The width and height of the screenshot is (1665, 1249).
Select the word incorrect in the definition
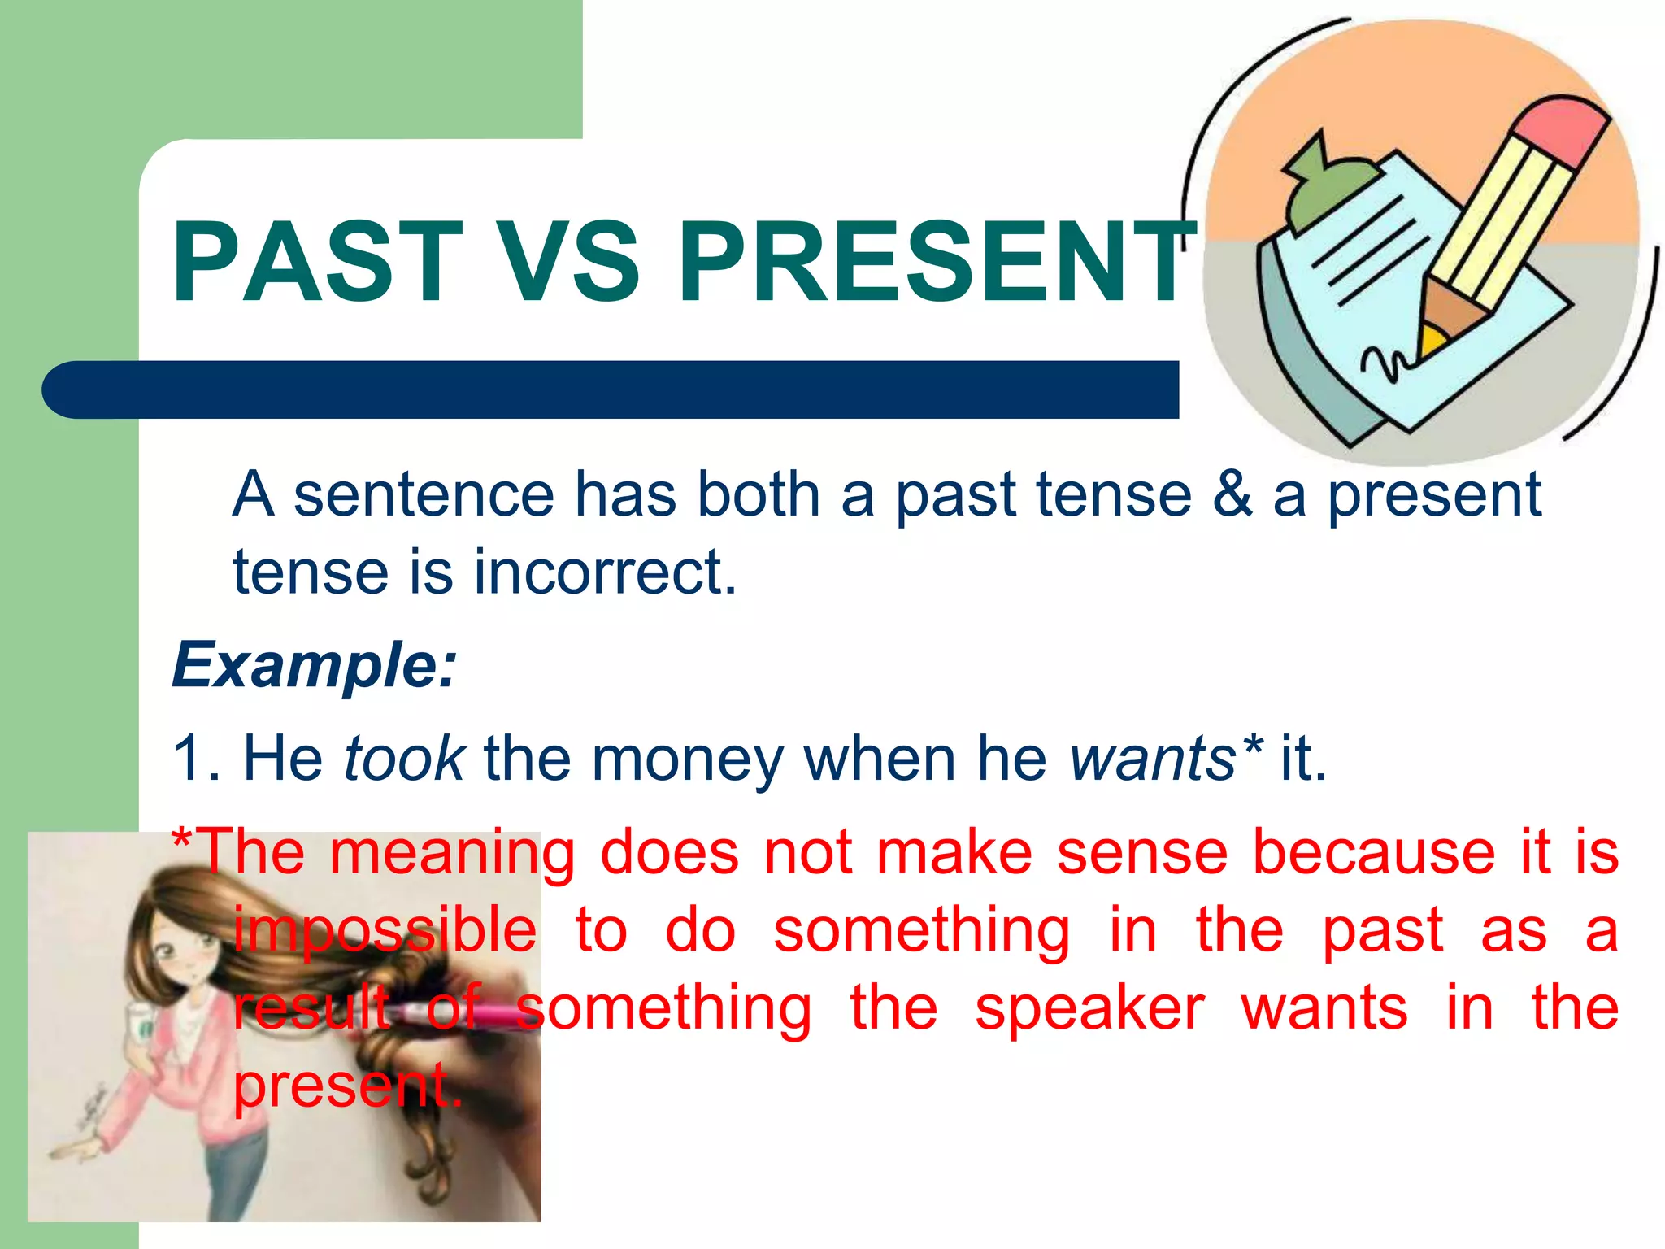(605, 572)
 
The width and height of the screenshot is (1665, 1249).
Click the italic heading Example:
(315, 665)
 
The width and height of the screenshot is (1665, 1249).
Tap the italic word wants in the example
(1152, 759)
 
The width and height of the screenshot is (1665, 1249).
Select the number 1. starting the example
(197, 759)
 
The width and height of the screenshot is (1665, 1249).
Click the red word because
(1373, 852)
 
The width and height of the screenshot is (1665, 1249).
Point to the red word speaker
(1089, 1008)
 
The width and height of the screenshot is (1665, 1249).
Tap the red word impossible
(385, 931)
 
